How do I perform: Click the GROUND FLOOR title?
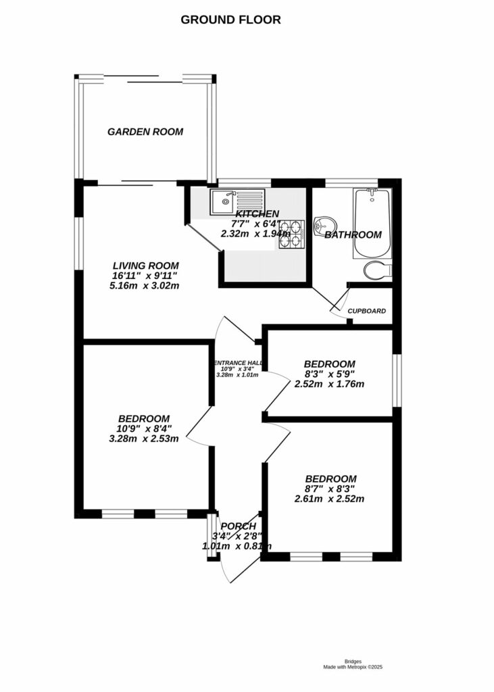pos(230,20)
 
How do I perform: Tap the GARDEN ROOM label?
pos(145,132)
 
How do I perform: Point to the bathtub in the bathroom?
pos(370,224)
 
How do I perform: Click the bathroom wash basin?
pos(324,224)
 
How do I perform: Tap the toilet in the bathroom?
pos(376,271)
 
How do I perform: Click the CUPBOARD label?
pos(367,312)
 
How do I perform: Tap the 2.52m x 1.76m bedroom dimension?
pos(329,385)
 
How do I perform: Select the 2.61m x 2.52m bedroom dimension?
pos(329,499)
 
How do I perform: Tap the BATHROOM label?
pos(353,235)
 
